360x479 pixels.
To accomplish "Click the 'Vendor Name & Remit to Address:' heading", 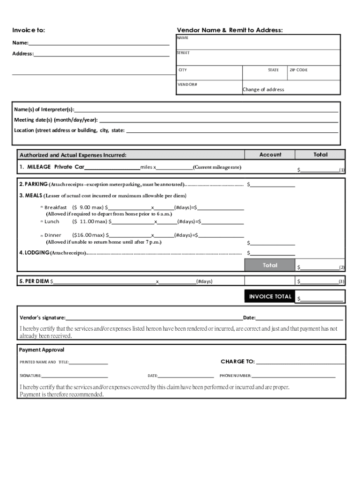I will point(230,30).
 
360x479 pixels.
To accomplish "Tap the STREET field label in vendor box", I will point(183,53).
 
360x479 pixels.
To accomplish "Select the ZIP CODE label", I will point(298,70).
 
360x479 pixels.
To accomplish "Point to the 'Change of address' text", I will point(263,89).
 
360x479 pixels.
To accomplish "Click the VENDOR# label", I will point(187,85).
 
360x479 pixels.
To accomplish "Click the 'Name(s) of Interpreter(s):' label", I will point(44,109).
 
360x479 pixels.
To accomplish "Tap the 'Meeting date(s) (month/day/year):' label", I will point(56,120).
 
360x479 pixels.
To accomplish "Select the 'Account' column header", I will point(270,154).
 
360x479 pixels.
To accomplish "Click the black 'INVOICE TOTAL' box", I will point(270,296).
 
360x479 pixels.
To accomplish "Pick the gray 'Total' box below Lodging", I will point(270,265).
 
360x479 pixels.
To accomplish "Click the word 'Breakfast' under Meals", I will point(56,207).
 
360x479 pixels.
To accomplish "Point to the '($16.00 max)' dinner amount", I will point(89,235).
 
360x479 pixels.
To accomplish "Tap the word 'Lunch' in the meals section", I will point(52,221).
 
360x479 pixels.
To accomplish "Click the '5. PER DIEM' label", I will point(34,281).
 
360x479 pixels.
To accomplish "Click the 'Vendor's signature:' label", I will point(42,318).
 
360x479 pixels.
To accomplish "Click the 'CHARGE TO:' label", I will point(238,362).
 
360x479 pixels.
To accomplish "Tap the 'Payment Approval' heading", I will point(42,350).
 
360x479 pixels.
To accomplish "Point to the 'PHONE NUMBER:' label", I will point(235,376).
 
